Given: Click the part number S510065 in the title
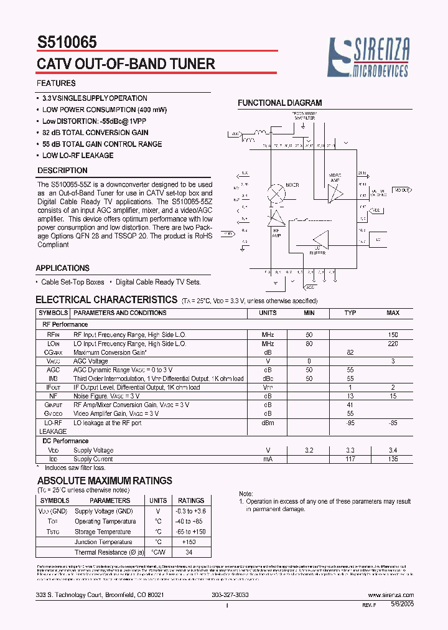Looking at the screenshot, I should (67, 43).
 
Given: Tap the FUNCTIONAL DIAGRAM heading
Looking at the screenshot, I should (280, 103).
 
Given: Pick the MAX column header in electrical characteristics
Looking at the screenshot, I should (393, 313).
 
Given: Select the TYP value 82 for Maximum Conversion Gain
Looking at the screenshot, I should (350, 352).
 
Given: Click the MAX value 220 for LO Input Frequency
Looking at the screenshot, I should (393, 344).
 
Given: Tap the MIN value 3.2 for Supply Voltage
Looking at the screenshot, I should (309, 450).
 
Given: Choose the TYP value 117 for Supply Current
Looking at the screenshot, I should (350, 459).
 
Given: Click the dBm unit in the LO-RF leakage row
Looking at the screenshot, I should (268, 423).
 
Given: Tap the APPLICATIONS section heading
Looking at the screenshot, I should (62, 268).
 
